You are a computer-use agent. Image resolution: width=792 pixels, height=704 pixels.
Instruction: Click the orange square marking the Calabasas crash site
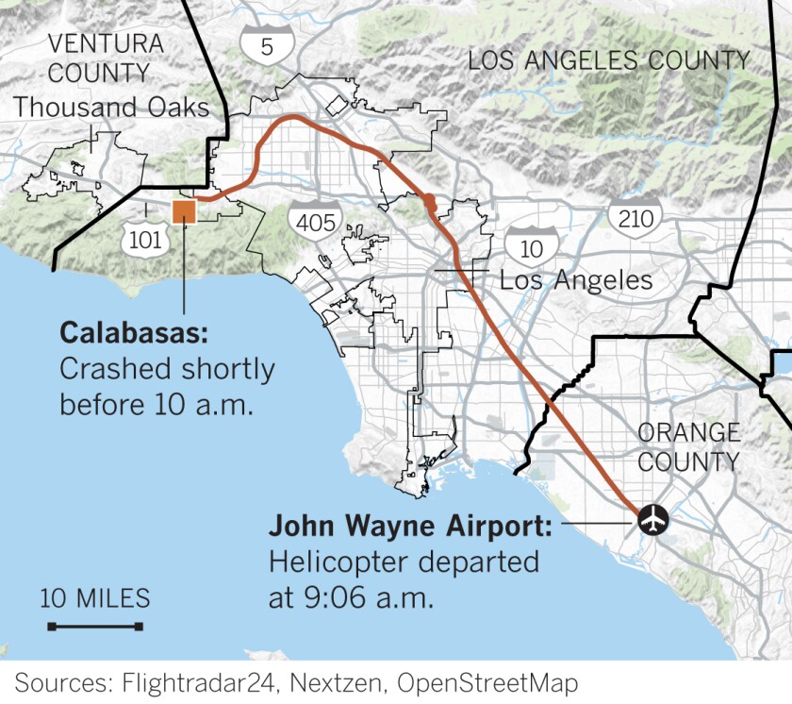184,211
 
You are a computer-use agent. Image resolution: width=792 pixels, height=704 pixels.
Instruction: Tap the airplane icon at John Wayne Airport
652,518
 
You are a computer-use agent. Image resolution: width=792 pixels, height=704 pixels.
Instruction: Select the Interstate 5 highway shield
267,44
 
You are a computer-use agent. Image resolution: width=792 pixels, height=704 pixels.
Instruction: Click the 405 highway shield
311,223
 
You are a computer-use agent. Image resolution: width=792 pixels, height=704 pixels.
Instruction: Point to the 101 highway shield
145,239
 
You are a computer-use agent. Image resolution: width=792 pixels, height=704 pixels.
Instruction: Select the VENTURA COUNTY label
98,58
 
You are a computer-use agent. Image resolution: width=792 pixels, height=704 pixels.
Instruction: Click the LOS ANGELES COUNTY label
609,60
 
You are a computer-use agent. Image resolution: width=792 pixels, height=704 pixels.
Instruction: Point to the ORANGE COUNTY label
689,446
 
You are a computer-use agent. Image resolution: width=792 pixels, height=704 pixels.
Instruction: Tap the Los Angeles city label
575,279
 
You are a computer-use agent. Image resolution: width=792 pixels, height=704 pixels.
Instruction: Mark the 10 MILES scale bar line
95,627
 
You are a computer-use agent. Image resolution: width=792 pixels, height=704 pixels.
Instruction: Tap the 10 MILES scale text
95,598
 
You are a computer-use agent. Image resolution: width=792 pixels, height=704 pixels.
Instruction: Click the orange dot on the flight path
430,201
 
